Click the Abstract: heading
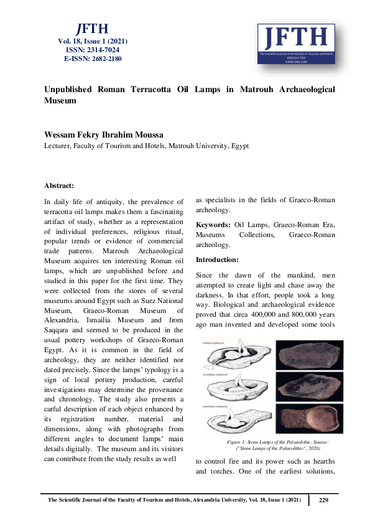coord(59,185)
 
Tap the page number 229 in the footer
coord(323,500)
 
